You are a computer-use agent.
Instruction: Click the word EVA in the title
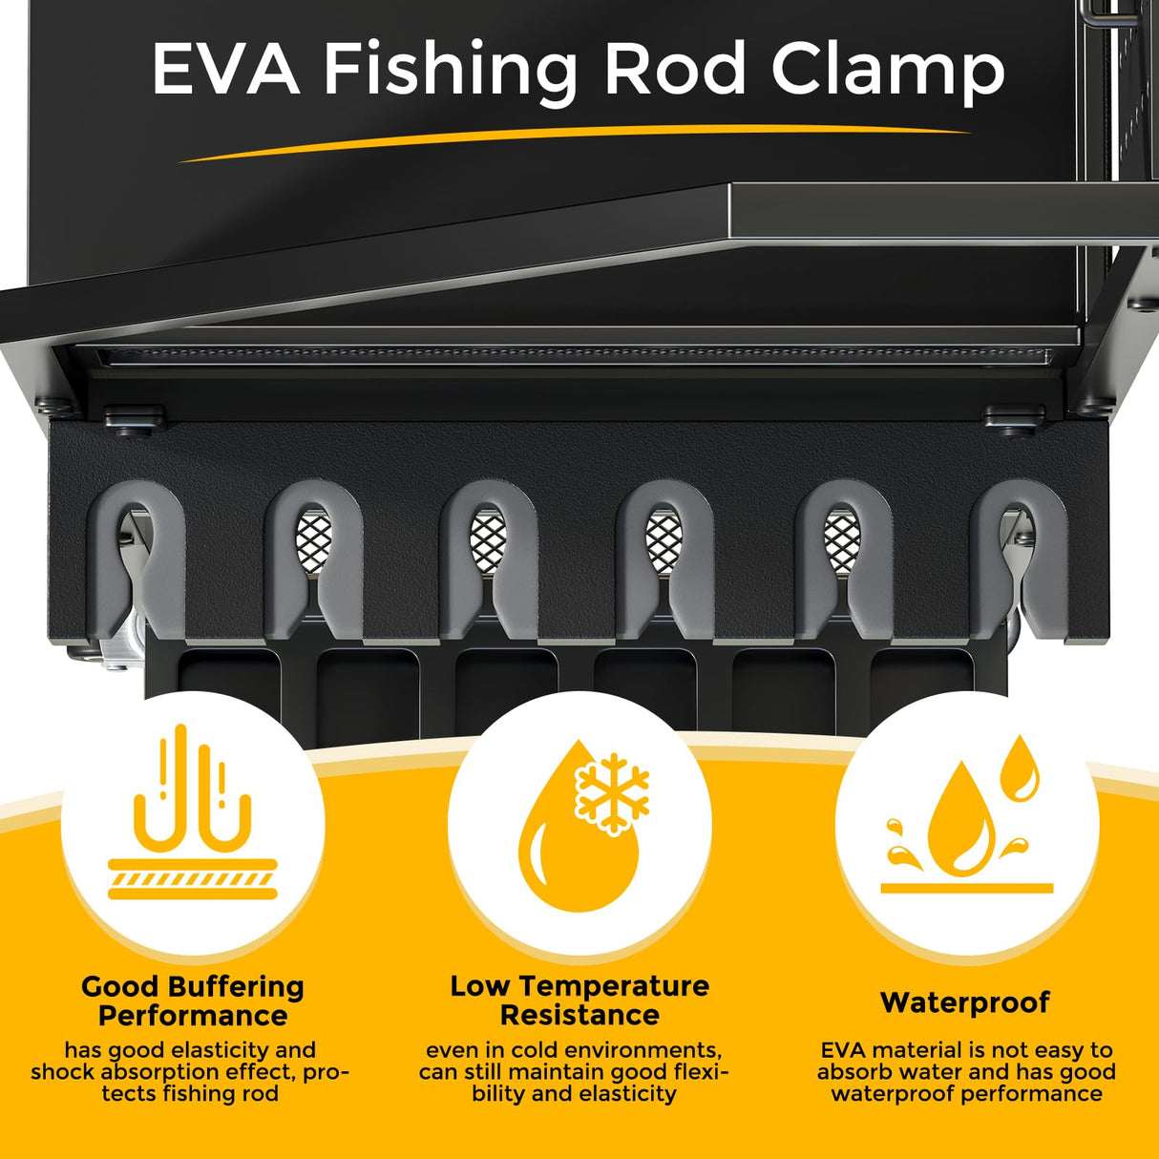click(x=226, y=68)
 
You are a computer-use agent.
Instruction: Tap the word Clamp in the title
click(x=888, y=74)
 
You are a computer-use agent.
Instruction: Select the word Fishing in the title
click(x=450, y=74)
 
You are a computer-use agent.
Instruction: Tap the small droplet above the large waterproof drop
click(x=1019, y=769)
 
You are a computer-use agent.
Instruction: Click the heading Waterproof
click(x=965, y=1002)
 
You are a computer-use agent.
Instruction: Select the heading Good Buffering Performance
click(x=193, y=1001)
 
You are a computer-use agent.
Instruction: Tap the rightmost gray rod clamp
click(x=1019, y=559)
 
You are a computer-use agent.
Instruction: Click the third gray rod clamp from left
click(x=489, y=559)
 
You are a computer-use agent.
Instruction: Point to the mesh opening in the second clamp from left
click(x=313, y=540)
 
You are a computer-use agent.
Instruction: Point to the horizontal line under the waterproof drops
click(x=966, y=889)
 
